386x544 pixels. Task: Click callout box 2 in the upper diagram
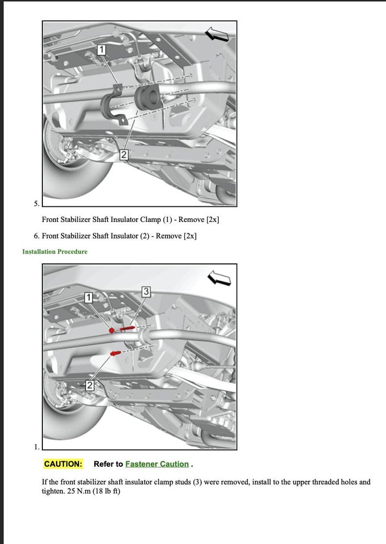click(124, 154)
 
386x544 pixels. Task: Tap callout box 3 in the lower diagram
click(146, 291)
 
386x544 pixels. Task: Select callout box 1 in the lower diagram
click(88, 297)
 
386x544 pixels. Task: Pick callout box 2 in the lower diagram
click(90, 386)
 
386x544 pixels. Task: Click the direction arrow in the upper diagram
click(217, 34)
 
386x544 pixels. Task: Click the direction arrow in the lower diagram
click(219, 278)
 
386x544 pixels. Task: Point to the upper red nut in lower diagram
click(112, 330)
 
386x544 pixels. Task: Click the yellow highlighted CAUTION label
click(63, 464)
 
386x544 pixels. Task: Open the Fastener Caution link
click(157, 464)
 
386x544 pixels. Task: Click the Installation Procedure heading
click(55, 252)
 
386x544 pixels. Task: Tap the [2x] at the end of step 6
click(190, 236)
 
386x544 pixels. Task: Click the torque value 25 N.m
click(74, 491)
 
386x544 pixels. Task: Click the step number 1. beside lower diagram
click(36, 446)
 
